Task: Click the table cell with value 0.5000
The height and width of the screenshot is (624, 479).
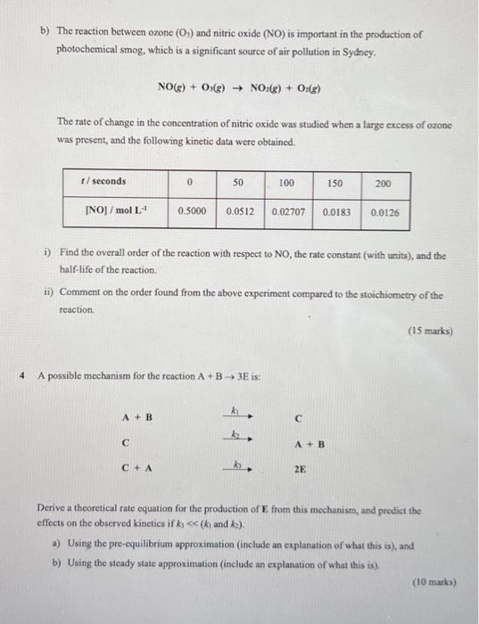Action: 194,212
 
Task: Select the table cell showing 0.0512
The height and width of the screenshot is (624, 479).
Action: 241,212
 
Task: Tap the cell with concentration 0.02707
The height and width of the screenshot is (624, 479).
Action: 288,212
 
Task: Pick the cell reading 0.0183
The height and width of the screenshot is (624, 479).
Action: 336,212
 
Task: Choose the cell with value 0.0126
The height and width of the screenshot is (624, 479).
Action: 384,213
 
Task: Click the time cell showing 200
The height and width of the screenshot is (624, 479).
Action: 384,183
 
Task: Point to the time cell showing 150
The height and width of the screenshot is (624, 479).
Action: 334,183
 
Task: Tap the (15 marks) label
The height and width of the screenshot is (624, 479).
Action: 431,332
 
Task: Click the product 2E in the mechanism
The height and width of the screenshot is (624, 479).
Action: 300,467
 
